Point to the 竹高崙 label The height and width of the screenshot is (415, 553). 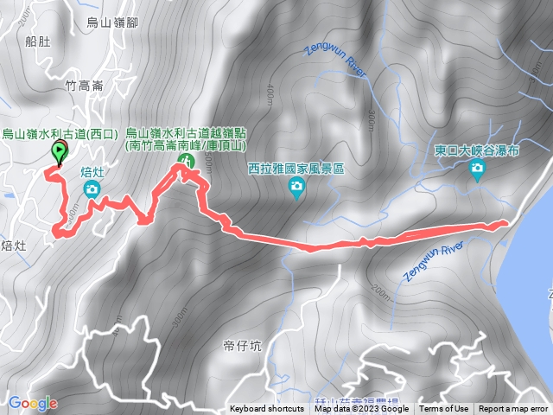pos(84,86)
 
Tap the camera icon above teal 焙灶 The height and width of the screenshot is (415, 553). pos(92,188)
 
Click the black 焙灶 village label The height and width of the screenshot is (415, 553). pos(15,246)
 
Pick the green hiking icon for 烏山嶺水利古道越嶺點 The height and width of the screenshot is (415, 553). pos(184,162)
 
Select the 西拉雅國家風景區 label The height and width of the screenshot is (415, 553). pos(296,169)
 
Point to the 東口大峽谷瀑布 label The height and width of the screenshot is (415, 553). pos(479,150)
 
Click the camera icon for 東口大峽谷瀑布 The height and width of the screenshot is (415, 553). pos(478,171)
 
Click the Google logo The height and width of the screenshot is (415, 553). pos(33,403)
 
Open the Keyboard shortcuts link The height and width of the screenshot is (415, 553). pos(267,409)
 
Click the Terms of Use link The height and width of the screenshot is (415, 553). pos(444,409)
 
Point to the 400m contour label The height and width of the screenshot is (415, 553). pos(270,93)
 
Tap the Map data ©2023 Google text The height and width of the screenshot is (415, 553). pos(362,409)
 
